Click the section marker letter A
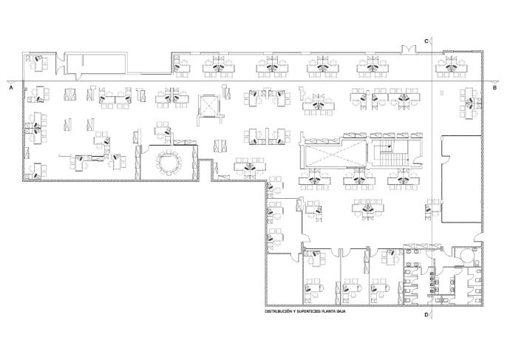11,88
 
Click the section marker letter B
494,88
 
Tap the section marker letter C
426,41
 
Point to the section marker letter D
426,314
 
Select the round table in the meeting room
169,161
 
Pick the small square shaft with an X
209,105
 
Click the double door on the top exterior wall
409,50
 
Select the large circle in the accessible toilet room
467,254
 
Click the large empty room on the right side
461,179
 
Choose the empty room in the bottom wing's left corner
285,279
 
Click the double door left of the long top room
60,64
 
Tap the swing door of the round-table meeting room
144,148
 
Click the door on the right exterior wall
478,237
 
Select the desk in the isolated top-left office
39,64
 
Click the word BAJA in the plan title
341,311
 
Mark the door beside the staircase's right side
418,162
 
